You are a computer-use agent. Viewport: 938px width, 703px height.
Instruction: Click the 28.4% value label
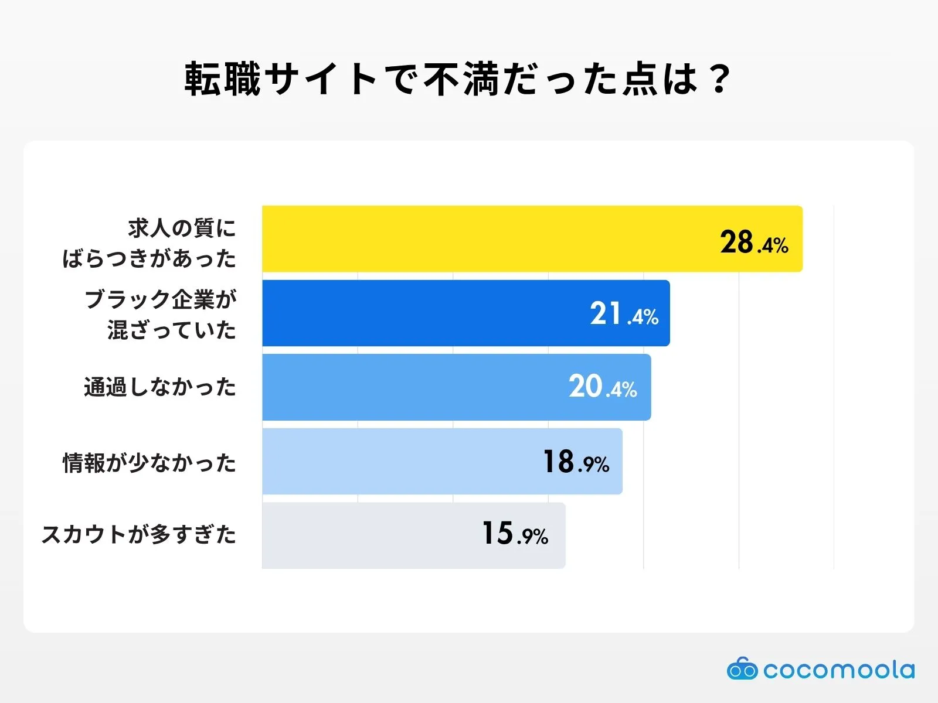754,242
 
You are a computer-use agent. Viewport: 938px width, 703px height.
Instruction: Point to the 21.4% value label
624,314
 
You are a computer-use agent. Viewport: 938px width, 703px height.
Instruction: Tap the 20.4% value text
603,387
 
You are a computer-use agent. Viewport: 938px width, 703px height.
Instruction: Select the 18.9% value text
576,462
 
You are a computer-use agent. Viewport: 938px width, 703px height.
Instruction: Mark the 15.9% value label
515,534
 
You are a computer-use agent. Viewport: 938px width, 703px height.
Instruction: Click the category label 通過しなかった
160,387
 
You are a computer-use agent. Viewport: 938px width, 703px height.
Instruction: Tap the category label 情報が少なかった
149,463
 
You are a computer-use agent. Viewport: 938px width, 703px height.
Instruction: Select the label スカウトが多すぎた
139,534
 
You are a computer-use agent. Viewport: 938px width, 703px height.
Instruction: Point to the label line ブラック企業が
161,299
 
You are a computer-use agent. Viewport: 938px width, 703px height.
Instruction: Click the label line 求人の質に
182,228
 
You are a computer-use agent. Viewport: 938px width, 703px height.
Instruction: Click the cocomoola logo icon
742,668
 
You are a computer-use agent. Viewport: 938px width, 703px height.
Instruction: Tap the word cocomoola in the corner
839,670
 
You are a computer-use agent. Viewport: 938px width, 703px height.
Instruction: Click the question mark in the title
719,79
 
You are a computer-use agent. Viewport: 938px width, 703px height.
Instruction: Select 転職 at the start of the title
223,79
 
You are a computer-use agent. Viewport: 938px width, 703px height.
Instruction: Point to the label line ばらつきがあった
149,258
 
